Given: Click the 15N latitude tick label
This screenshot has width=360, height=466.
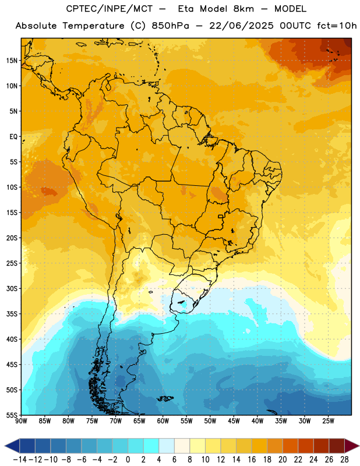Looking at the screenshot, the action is pyautogui.click(x=12, y=61).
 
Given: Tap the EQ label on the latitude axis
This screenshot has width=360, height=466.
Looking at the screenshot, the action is pyautogui.click(x=13, y=137).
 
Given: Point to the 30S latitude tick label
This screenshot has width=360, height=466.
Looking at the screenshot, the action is pyautogui.click(x=12, y=288).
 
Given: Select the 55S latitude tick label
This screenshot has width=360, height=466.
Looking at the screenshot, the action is pyautogui.click(x=12, y=415).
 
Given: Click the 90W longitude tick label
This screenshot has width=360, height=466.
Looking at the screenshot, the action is pyautogui.click(x=22, y=421).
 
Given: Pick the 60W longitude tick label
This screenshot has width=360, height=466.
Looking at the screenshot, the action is pyautogui.click(x=163, y=421).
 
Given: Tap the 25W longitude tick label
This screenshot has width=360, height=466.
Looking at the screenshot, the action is pyautogui.click(x=328, y=421).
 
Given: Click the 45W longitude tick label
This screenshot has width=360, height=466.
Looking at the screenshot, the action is pyautogui.click(x=234, y=421).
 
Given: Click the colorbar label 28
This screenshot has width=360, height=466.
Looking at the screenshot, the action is pyautogui.click(x=344, y=460).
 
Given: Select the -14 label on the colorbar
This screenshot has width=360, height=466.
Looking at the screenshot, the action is pyautogui.click(x=20, y=460).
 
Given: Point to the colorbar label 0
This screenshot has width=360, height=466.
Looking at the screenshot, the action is pyautogui.click(x=128, y=460).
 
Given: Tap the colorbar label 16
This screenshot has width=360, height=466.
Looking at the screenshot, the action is pyautogui.click(x=252, y=460).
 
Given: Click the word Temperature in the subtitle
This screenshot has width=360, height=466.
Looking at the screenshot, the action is pyautogui.click(x=93, y=26).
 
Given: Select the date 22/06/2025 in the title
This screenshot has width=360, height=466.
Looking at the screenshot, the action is pyautogui.click(x=241, y=26).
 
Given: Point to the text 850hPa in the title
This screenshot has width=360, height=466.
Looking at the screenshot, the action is pyautogui.click(x=170, y=26).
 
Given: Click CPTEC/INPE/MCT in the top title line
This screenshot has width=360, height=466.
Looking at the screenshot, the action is pyautogui.click(x=110, y=9).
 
